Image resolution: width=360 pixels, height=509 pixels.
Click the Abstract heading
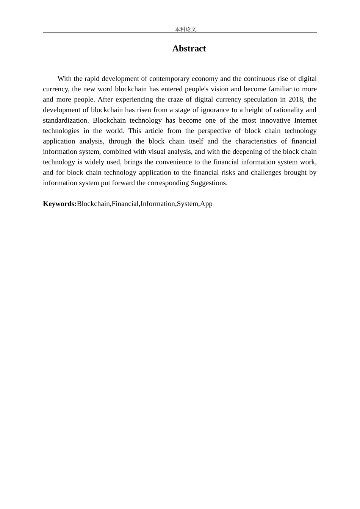click(189, 48)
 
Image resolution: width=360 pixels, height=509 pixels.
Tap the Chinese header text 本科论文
click(186, 29)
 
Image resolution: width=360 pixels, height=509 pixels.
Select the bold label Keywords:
click(60, 204)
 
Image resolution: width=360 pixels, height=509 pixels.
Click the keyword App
click(206, 204)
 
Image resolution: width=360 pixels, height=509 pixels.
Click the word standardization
click(65, 120)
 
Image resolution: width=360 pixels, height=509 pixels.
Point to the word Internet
click(305, 120)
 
